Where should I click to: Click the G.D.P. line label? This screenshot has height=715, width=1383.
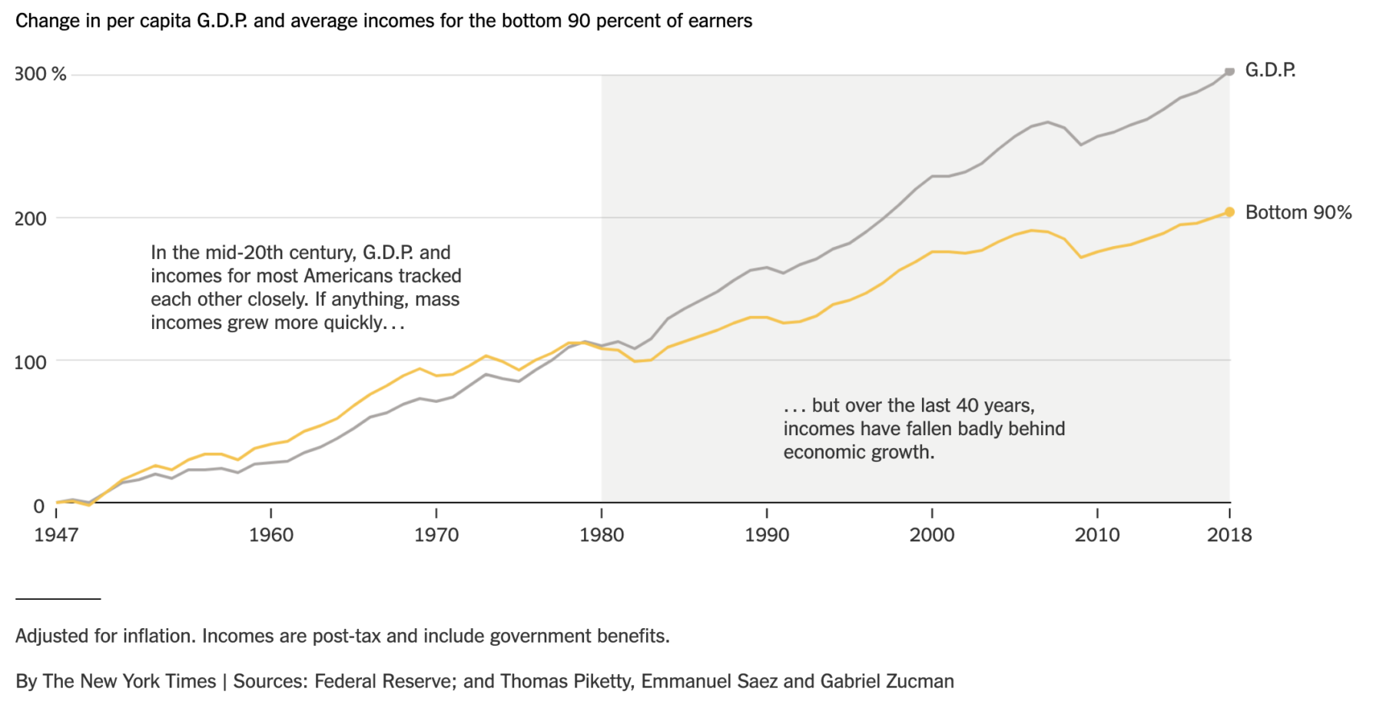[1270, 71]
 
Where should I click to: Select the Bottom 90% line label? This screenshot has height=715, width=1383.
[1298, 213]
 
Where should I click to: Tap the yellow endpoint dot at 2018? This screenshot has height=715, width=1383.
[1229, 212]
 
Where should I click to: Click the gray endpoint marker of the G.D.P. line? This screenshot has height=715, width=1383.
[1229, 71]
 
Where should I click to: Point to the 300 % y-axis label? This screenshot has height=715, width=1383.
[41, 75]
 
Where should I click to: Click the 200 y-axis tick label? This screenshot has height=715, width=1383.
[31, 218]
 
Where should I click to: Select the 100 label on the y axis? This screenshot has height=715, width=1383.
[31, 362]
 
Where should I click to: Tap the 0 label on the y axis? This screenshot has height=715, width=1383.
[38, 506]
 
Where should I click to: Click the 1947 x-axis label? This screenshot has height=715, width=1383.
[56, 535]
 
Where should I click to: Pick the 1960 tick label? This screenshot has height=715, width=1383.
[271, 535]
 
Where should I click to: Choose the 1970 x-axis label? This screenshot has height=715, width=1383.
[436, 535]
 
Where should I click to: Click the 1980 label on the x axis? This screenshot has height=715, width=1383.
[602, 535]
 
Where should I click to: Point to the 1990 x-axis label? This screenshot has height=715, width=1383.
[767, 535]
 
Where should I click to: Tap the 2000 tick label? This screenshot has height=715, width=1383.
[932, 535]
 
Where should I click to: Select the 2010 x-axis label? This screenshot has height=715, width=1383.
[1097, 535]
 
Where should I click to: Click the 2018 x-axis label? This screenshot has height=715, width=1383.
[1229, 535]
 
